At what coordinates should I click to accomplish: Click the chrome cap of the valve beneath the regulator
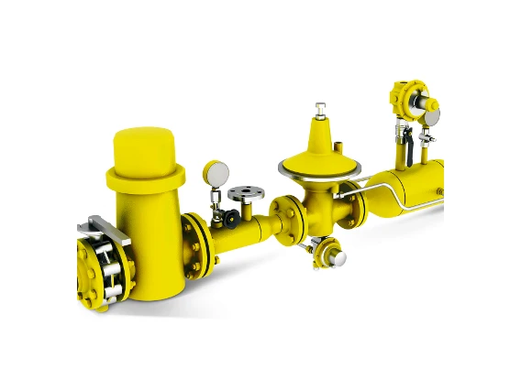[x=338, y=259]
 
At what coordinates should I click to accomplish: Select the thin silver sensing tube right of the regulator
[x=376, y=193]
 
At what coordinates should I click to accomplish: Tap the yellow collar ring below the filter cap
[x=145, y=176]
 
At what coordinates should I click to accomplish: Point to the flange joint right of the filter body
[x=195, y=244]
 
